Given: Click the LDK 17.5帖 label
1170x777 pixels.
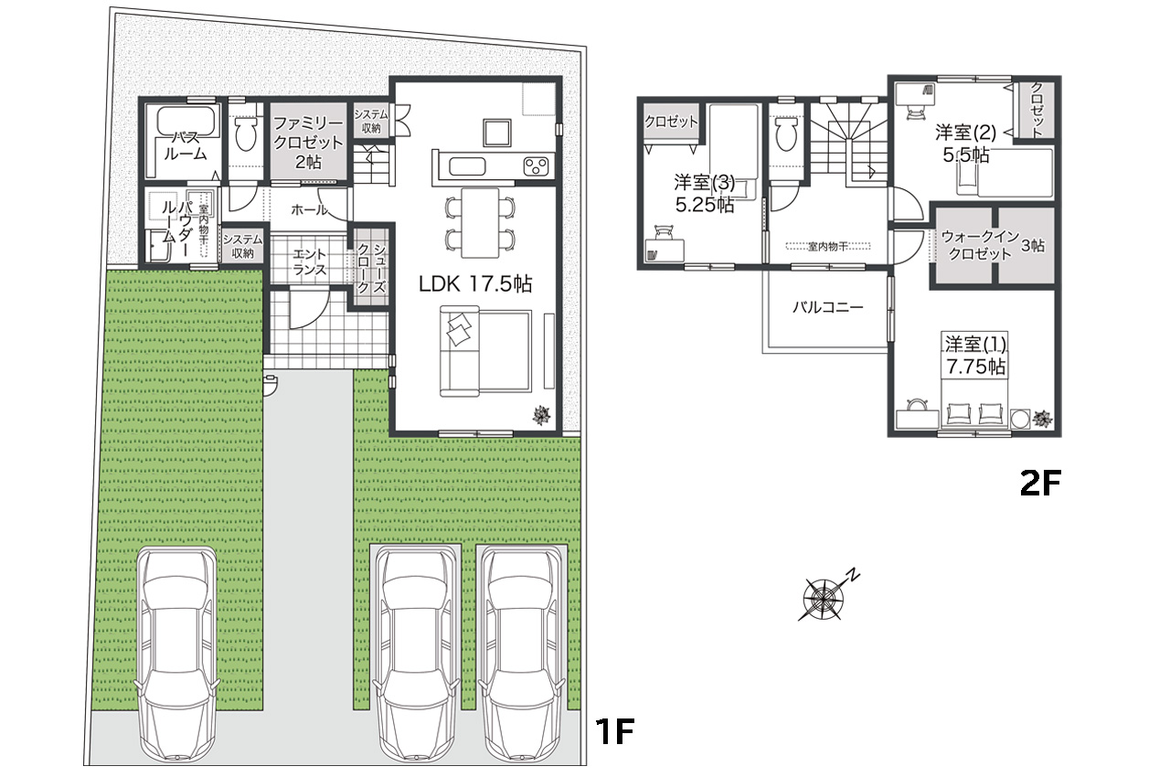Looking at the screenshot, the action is point(475,284).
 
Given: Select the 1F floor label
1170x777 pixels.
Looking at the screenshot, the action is point(615,731).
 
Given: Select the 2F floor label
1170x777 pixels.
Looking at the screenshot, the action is point(1040,484).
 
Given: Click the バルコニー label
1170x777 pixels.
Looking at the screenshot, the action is point(828,307).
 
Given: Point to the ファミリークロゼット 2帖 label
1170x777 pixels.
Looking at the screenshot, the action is point(308,143).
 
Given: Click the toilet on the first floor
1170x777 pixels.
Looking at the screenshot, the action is point(244,133).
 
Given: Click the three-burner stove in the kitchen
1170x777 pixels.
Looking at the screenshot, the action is point(536,166).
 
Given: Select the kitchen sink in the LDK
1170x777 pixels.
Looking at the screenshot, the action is point(467,166).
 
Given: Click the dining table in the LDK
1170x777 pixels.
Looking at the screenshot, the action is point(480,222).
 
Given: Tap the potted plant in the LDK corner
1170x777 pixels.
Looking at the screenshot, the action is point(542,415).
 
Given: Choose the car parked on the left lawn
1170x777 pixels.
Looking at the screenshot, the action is point(177,656).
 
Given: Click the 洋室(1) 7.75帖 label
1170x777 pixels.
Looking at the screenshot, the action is point(974,355).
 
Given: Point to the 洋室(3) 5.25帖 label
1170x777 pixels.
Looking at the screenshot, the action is point(705,193).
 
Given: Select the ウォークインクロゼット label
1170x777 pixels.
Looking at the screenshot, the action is point(980,245).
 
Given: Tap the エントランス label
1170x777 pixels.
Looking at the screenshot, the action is point(309,262).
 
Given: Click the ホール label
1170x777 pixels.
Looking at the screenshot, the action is point(309,210).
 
